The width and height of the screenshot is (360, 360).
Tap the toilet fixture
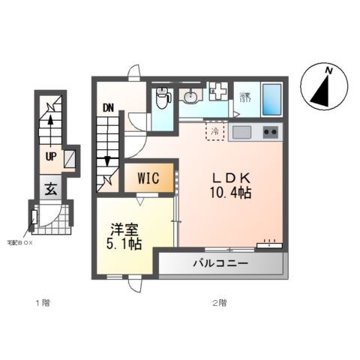(x=161, y=97)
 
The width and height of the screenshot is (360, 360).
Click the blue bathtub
(x=271, y=98)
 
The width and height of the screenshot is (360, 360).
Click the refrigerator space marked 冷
(x=215, y=132)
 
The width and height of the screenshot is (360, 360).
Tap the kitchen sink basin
(x=243, y=133)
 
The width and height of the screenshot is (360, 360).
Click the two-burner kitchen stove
(x=270, y=133)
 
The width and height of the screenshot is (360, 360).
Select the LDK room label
(x=230, y=178)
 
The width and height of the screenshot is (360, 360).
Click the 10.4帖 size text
(x=230, y=193)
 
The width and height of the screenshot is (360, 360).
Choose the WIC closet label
(x=149, y=179)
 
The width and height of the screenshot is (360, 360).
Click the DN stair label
(x=108, y=107)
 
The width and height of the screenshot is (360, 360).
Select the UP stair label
(x=50, y=157)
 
